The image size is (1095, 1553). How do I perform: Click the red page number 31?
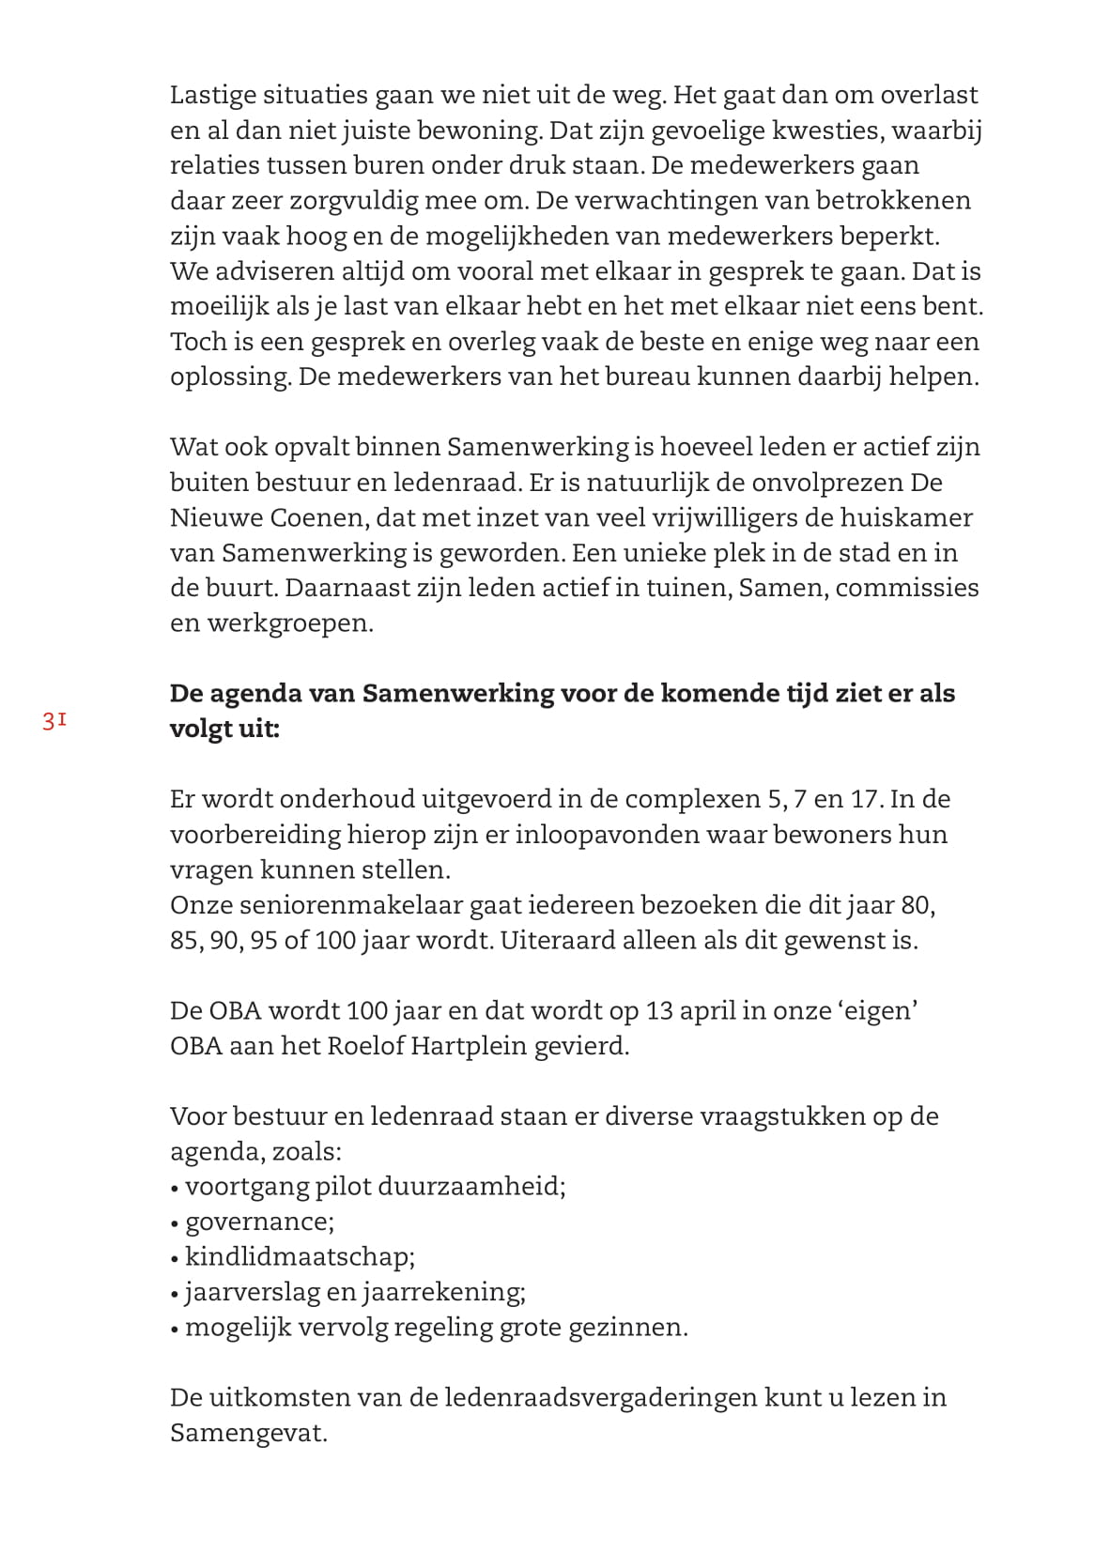tap(54, 721)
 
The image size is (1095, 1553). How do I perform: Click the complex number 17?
tap(867, 799)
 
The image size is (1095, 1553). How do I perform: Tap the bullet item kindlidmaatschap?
tap(300, 1257)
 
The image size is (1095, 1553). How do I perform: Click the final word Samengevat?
tap(248, 1434)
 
